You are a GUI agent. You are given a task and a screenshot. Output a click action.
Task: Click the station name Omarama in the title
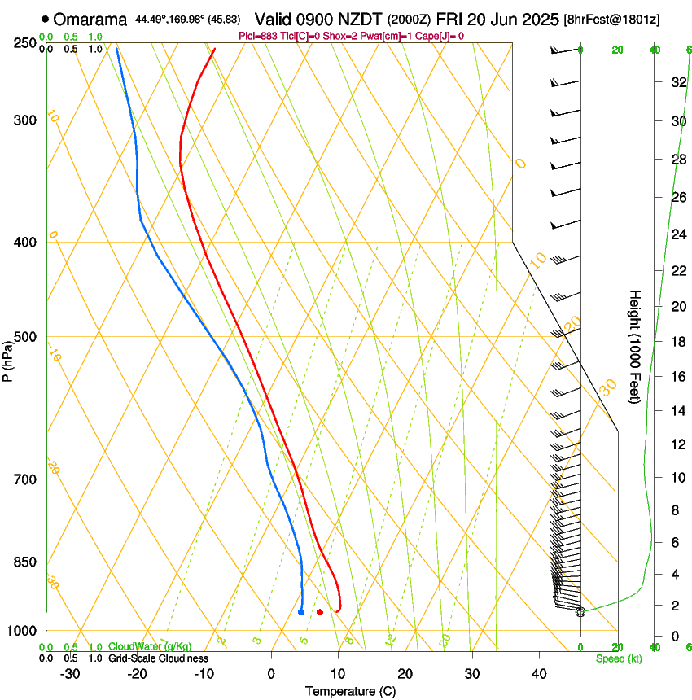tap(90, 19)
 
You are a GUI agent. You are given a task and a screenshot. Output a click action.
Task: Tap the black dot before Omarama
tap(44, 19)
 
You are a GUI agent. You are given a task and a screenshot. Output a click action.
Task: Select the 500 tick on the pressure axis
tap(26, 337)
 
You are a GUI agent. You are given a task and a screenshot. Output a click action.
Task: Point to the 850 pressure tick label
tap(26, 562)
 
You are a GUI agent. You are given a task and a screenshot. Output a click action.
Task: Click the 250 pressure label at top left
tap(26, 42)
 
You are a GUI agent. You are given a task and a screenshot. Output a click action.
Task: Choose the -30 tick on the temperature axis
tap(70, 674)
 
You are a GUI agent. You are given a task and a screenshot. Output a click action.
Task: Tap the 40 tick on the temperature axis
tap(539, 674)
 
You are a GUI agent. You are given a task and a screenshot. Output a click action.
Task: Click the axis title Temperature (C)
tap(350, 691)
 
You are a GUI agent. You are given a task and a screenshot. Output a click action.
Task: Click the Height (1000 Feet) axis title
tap(636, 346)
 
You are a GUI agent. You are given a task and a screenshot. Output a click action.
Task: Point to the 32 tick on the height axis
tap(677, 81)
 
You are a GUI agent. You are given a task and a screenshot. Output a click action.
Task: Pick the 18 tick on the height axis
tap(677, 341)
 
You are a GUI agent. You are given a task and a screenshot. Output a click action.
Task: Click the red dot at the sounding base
tap(320, 612)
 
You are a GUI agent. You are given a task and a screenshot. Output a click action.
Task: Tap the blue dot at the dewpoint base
tap(301, 612)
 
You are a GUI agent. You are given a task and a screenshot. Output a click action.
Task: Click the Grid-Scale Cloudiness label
tap(158, 658)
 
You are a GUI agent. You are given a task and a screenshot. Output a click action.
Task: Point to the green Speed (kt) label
tap(618, 658)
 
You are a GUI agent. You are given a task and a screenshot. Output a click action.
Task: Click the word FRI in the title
tap(450, 19)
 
